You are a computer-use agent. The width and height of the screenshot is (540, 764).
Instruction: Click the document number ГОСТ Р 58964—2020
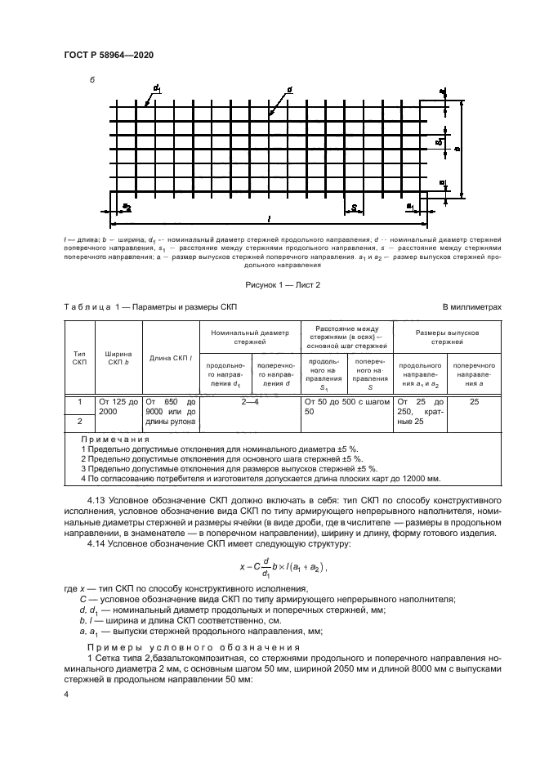(109, 54)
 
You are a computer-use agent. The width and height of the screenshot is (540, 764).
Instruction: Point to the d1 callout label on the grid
(155, 87)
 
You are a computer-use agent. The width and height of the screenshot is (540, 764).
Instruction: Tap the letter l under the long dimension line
(269, 219)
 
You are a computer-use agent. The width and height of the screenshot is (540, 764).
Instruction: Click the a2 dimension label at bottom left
(127, 208)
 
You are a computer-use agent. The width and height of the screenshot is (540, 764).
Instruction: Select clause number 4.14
(97, 543)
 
